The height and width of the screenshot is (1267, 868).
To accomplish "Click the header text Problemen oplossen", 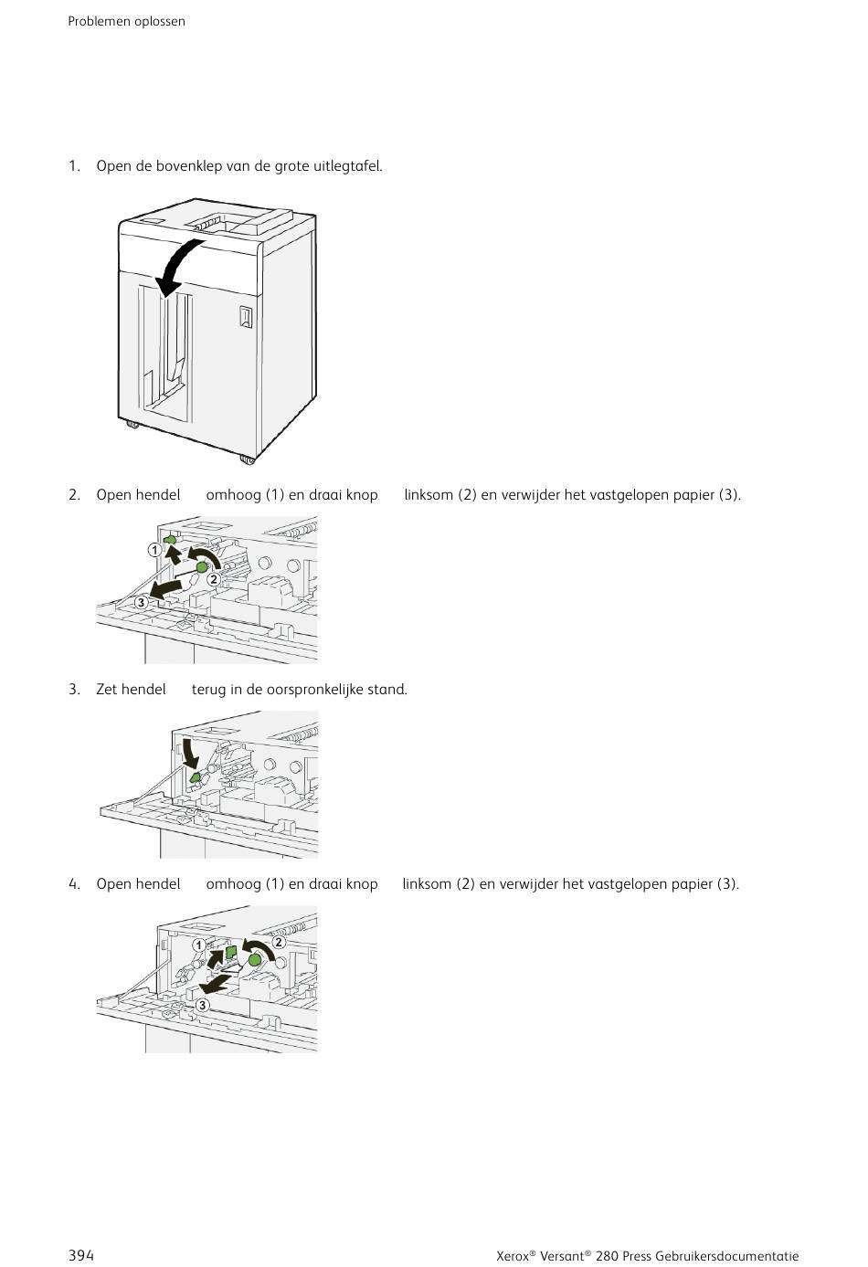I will coord(126,21).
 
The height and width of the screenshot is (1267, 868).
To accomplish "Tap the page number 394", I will coord(81,1255).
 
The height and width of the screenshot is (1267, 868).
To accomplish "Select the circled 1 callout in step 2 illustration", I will coord(155,550).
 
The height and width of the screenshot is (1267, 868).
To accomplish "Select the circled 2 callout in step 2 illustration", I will coord(213,579).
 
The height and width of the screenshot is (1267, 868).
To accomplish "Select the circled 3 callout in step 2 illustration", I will coord(141,602).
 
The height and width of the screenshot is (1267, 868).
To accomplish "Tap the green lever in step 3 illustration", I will coord(195,777).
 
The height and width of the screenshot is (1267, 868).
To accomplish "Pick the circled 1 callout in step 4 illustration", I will coord(198,945).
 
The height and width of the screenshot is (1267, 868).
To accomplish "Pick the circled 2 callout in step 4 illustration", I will coord(279,942).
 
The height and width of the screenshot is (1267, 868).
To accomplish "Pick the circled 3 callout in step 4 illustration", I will coord(202,1005).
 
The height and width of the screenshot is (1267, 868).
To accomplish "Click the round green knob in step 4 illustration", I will coord(255,958).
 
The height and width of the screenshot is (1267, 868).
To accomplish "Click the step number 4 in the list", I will coord(73,884).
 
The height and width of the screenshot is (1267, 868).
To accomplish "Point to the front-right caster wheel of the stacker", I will coord(248,458).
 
